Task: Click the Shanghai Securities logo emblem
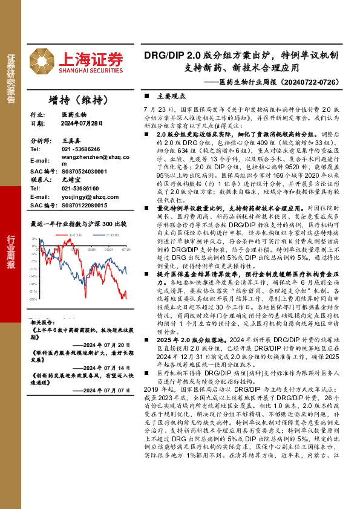(x=44, y=61)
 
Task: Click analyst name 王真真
(x=71, y=140)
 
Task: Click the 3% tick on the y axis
(x=34, y=239)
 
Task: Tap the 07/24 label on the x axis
(x=126, y=248)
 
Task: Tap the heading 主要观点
(x=170, y=96)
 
